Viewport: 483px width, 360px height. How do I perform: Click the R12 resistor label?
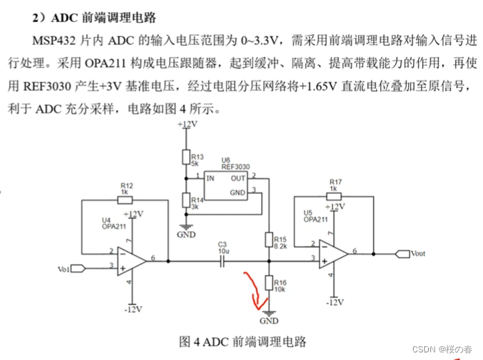(x=126, y=186)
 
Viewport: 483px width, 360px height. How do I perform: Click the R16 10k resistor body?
(x=269, y=282)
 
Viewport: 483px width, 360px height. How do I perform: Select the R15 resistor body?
(x=269, y=240)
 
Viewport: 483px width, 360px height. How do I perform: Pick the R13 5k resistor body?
(x=186, y=157)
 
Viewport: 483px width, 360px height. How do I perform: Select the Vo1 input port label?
(x=63, y=267)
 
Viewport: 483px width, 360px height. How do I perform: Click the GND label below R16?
(x=268, y=321)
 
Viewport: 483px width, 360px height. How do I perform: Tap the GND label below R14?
(x=186, y=235)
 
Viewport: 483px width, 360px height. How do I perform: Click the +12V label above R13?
(x=186, y=125)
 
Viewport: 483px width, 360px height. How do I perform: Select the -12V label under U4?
(x=134, y=308)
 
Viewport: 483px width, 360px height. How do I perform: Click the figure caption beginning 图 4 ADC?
(x=242, y=341)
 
